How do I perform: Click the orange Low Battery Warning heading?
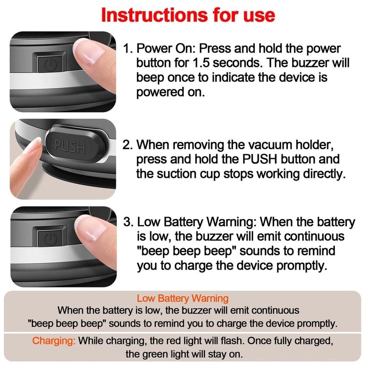point(182,299)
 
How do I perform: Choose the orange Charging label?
point(53,341)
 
